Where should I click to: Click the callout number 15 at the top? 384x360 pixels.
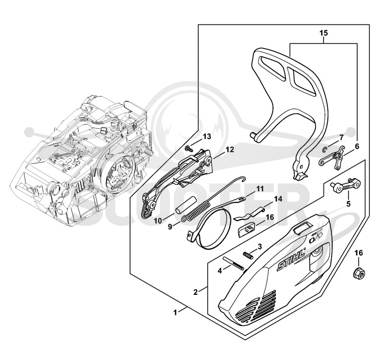(324, 33)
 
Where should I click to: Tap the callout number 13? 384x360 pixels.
(207, 137)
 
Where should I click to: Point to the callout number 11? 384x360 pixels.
(260, 189)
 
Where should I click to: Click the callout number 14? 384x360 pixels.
(278, 199)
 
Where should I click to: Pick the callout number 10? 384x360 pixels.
(158, 221)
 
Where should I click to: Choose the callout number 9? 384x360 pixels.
(170, 227)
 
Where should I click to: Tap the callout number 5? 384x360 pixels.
(348, 204)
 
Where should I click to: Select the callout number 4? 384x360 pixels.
(220, 271)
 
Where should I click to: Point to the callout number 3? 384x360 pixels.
(260, 246)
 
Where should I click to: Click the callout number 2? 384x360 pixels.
(195, 292)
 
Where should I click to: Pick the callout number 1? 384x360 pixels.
(175, 313)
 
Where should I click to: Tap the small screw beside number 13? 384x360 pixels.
(189, 148)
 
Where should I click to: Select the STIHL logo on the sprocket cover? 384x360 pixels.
(291, 261)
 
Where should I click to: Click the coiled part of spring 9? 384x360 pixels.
(195, 210)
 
